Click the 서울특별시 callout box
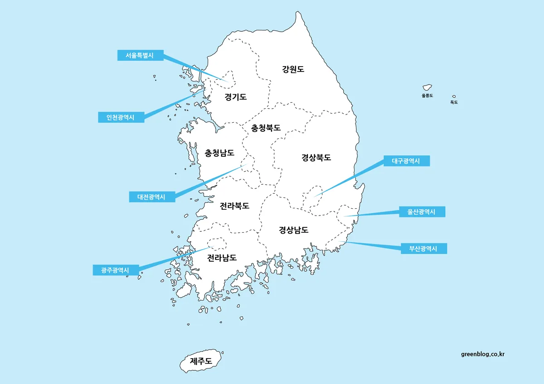coord(140,55)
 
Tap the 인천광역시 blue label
coord(121,117)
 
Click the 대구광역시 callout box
coord(406,161)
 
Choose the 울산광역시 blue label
coord(422,212)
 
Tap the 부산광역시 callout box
coord(424,249)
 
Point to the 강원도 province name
coord(293,69)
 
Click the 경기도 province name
coord(236,96)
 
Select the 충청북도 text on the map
coord(266,128)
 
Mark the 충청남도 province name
coord(220,153)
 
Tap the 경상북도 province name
coord(316,158)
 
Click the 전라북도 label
coord(234,206)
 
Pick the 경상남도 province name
coord(293,230)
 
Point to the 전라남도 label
coord(222,258)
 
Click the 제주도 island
coord(201,361)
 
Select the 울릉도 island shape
coord(427,87)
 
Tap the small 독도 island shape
coord(454,96)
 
